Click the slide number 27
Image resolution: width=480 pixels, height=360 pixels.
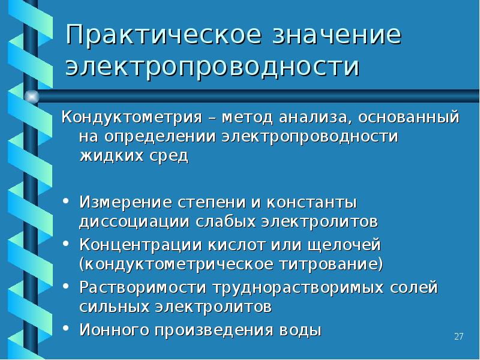(459, 336)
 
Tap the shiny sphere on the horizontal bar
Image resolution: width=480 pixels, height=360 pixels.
(31, 96)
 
